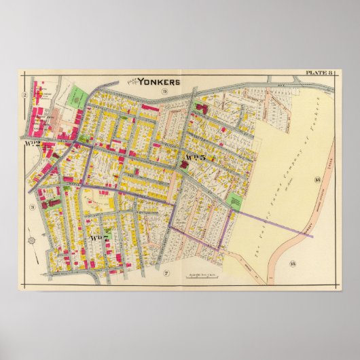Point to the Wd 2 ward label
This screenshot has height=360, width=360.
pos(32,143)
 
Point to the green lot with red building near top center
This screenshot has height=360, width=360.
pos(202,107)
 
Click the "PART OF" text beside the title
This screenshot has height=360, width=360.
pos(133,80)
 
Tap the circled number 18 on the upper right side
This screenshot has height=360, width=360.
pos(317,179)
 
